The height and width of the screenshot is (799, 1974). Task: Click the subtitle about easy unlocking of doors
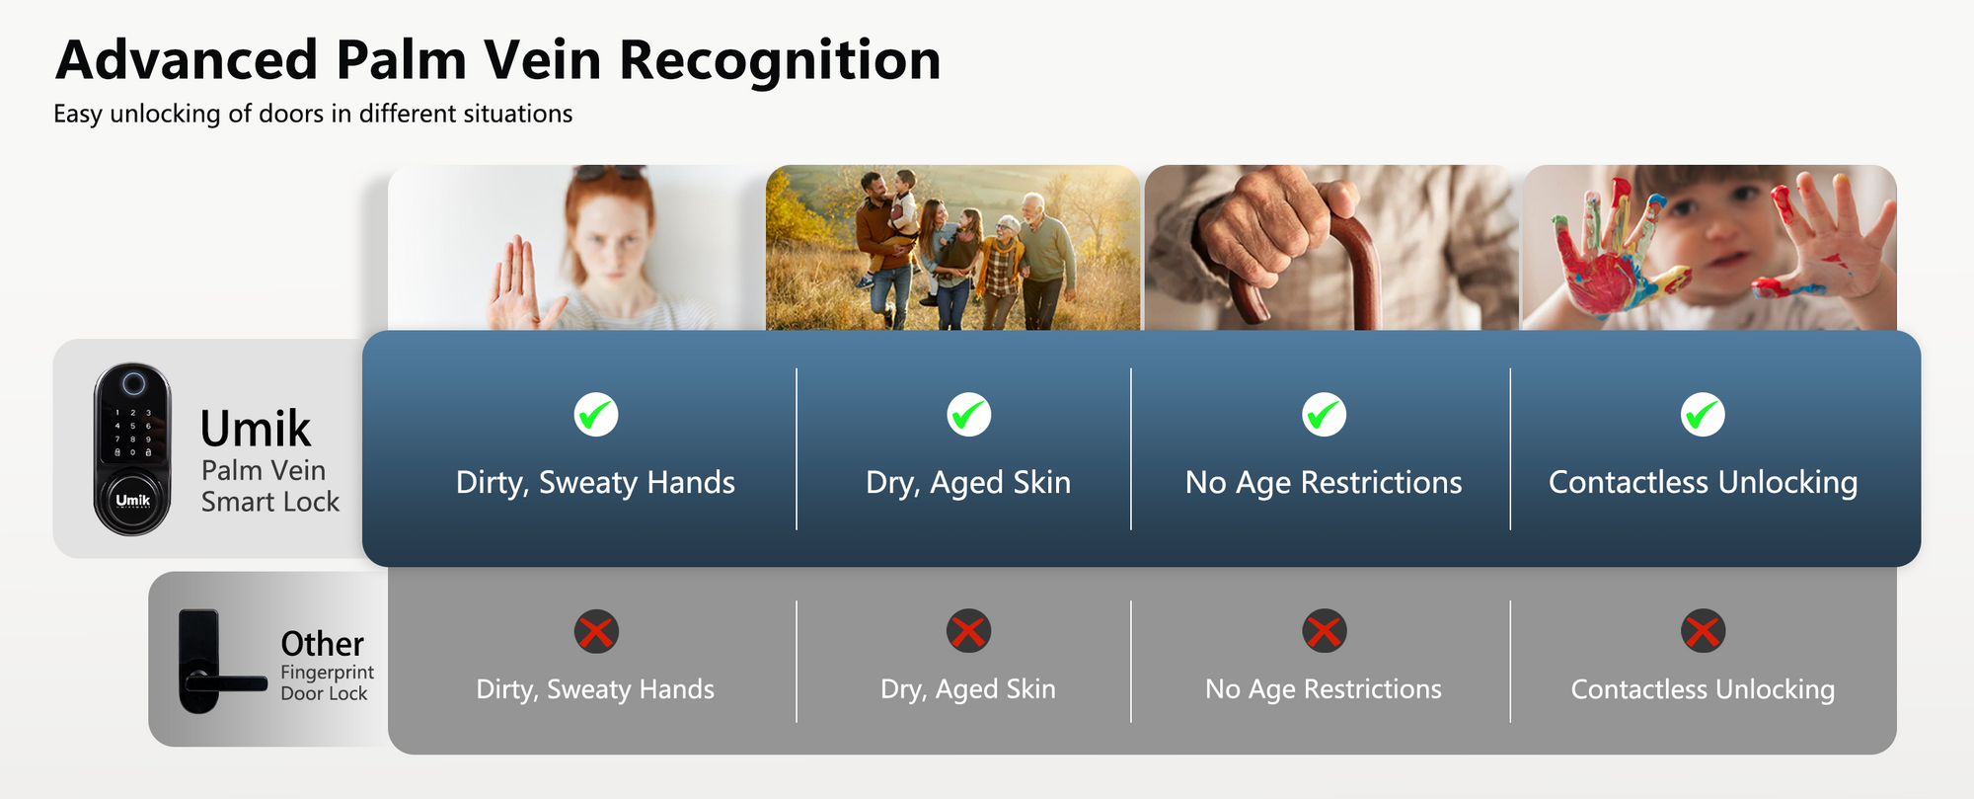[x=313, y=115]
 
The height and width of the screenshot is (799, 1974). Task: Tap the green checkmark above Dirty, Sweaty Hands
[x=596, y=415]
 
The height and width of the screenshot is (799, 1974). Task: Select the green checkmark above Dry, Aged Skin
[x=969, y=415]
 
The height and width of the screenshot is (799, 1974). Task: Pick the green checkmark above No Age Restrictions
[x=1324, y=415]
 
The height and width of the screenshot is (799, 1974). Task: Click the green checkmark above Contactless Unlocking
[x=1703, y=415]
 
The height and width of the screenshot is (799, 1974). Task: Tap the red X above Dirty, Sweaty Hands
[x=596, y=631]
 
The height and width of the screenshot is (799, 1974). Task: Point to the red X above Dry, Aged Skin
[x=969, y=631]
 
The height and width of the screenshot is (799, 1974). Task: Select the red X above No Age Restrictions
[x=1324, y=631]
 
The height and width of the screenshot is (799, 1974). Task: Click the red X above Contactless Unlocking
[x=1703, y=631]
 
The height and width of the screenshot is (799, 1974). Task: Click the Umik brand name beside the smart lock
[x=256, y=430]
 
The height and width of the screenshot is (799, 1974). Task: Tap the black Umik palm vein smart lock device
[x=132, y=449]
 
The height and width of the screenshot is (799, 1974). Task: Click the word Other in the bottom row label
[x=323, y=644]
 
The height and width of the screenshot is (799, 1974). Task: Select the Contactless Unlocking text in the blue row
[x=1703, y=482]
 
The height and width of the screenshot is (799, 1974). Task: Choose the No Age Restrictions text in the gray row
[x=1324, y=689]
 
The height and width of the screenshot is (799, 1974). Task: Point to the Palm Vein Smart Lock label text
[x=270, y=486]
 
